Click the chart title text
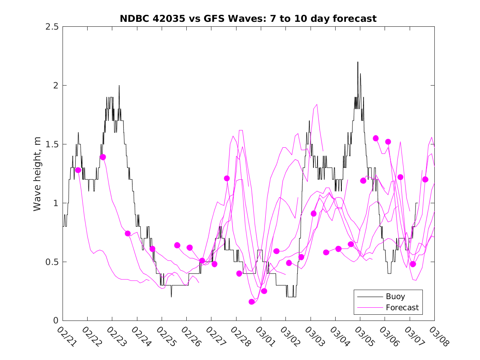coord(248,19)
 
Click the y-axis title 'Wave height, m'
coord(37,174)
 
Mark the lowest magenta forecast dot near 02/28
coord(252,302)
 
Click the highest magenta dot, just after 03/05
coord(376,138)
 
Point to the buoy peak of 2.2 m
coord(357,62)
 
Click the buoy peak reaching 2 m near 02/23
coord(119,86)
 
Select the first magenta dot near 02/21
coord(78,170)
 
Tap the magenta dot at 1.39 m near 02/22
coord(103,157)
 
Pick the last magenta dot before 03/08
coord(425,179)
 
